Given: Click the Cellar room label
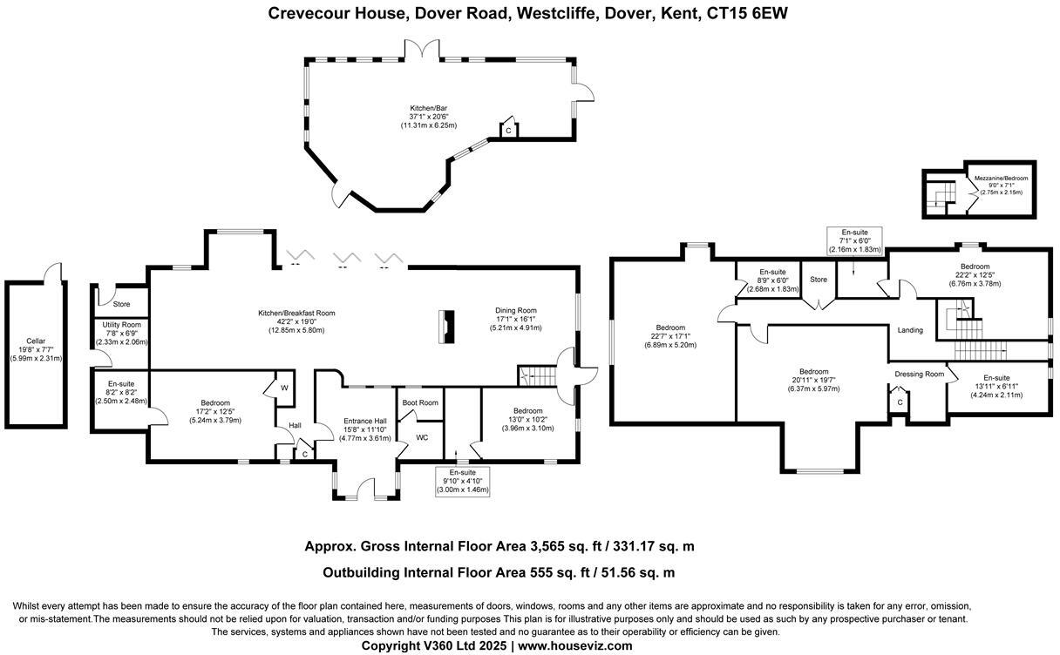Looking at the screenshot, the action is [35, 341].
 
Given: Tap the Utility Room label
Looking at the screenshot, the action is [121, 325].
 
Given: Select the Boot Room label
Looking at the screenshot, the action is [420, 402].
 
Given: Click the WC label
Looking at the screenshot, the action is [422, 437].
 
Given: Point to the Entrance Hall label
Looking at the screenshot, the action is [364, 421].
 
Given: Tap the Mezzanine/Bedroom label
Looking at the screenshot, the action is [1001, 178].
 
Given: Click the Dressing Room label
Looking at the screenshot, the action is [920, 375].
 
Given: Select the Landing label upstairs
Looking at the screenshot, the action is [910, 330].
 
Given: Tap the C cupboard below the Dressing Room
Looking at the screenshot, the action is [899, 402].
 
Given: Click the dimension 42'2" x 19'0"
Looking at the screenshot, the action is [296, 321].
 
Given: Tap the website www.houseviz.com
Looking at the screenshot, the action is [575, 645].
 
